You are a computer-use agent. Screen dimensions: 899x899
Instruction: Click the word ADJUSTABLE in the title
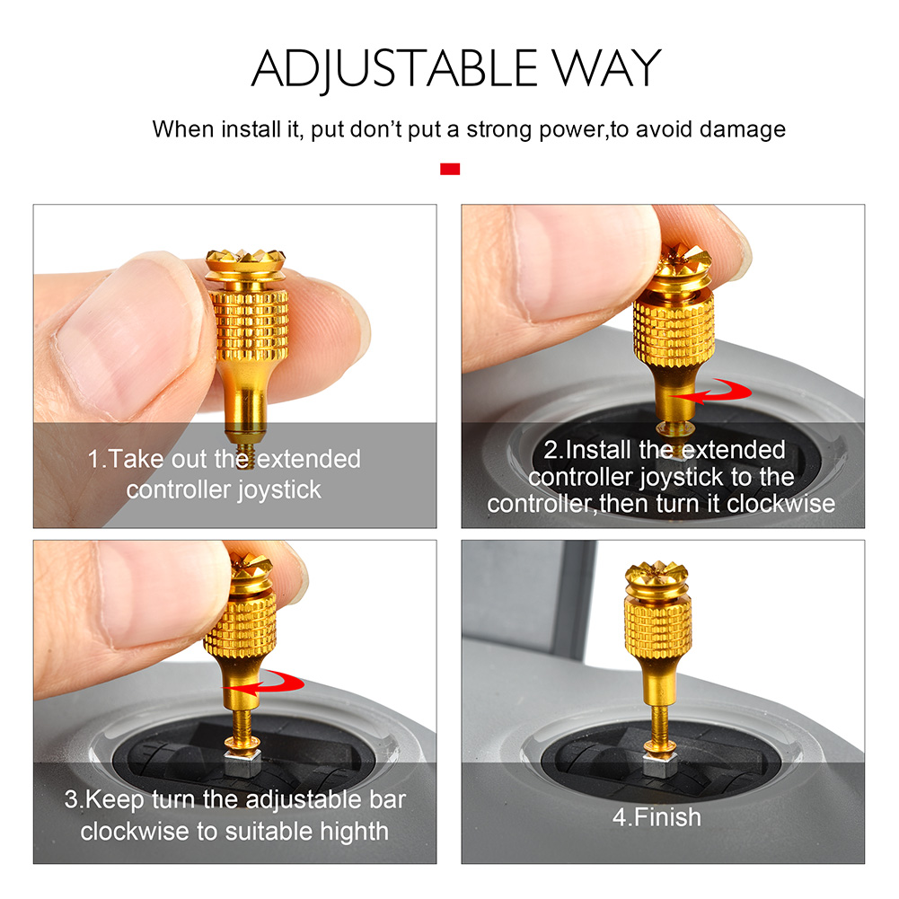(394, 69)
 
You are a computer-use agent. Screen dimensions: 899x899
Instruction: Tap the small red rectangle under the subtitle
(450, 169)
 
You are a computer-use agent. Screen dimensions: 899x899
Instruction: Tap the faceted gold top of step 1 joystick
(246, 263)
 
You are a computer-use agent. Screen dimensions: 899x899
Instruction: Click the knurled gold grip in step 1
(250, 326)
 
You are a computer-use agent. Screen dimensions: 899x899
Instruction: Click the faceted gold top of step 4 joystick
(656, 577)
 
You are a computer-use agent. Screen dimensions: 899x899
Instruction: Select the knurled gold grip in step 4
(657, 628)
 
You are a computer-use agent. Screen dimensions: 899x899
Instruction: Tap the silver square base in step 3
(242, 762)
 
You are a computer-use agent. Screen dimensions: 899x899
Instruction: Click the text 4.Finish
(657, 817)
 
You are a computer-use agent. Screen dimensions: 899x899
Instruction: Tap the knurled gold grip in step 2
(674, 330)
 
